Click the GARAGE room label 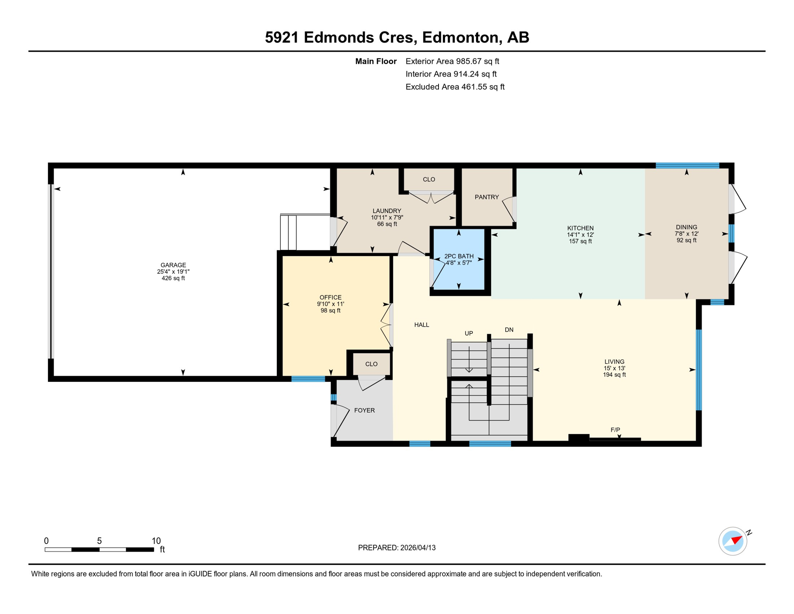point(173,265)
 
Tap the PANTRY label point(486,197)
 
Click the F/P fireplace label point(615,430)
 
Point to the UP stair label point(468,333)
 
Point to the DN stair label point(509,330)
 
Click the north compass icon point(733,541)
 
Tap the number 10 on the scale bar point(156,541)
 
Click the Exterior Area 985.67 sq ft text point(452,61)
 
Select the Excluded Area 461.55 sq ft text point(455,87)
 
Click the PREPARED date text point(397,548)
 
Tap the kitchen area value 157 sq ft point(580,241)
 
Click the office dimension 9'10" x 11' point(330,304)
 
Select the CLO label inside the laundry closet point(429,179)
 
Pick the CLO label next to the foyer point(371,364)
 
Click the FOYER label point(364,411)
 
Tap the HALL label point(421,325)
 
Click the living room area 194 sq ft point(614,375)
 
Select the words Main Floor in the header point(376,61)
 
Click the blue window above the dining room point(687,165)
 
